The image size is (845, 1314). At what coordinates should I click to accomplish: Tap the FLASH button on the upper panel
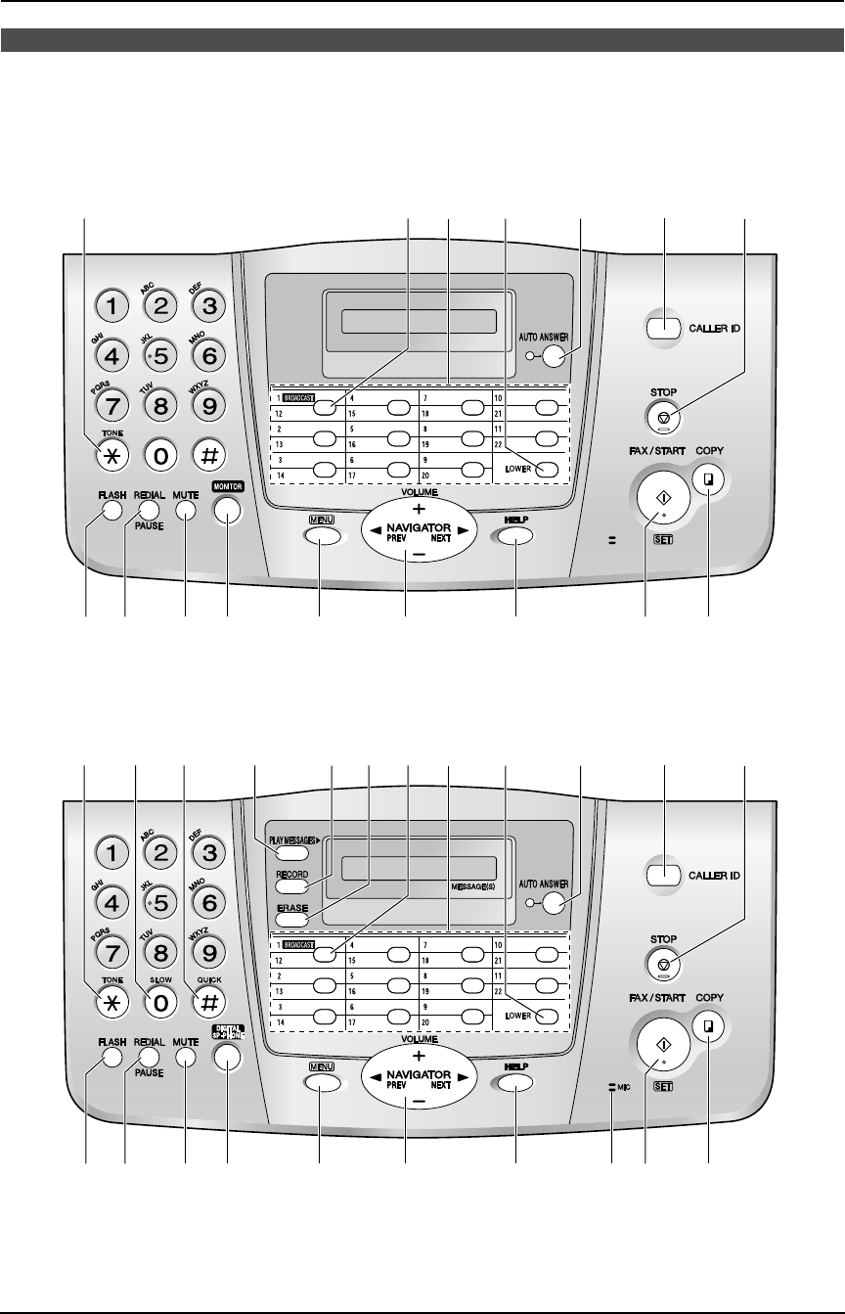[x=110, y=510]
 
